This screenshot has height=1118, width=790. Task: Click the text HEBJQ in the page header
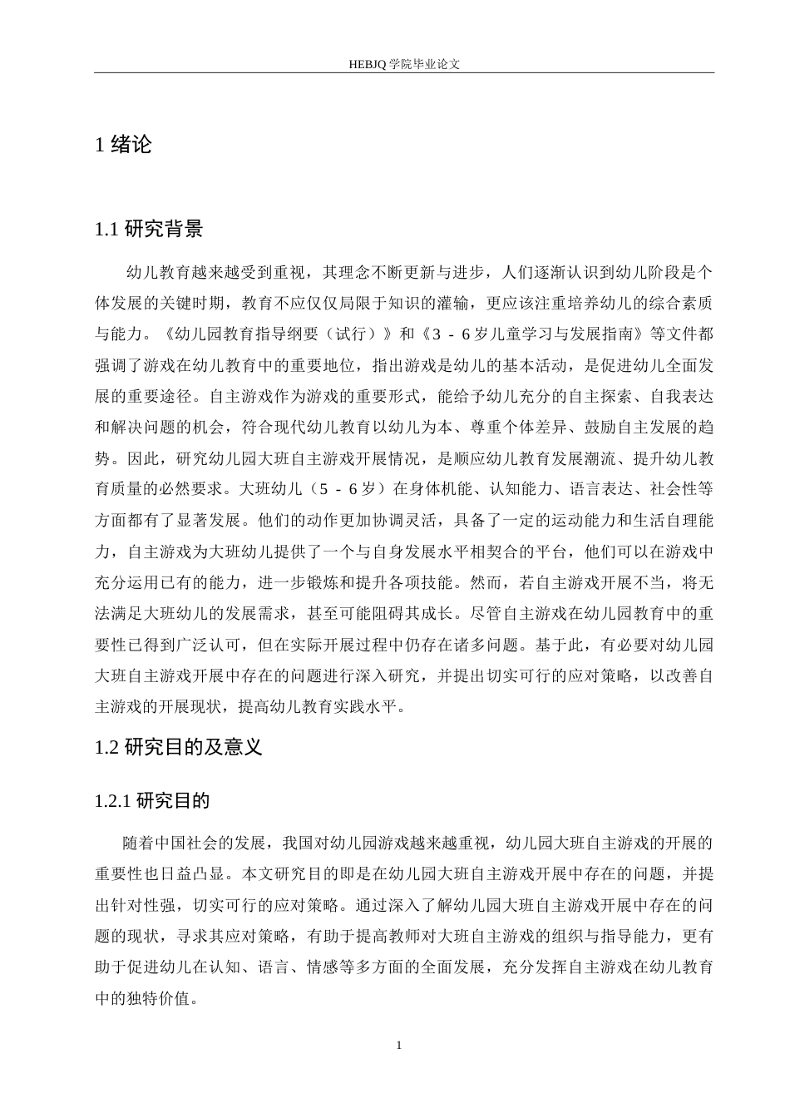[368, 63]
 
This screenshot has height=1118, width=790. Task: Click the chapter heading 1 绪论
[125, 145]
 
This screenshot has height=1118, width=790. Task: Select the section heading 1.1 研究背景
[150, 230]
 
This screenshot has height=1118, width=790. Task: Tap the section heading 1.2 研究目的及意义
[180, 747]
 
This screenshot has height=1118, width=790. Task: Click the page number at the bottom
[399, 1045]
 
